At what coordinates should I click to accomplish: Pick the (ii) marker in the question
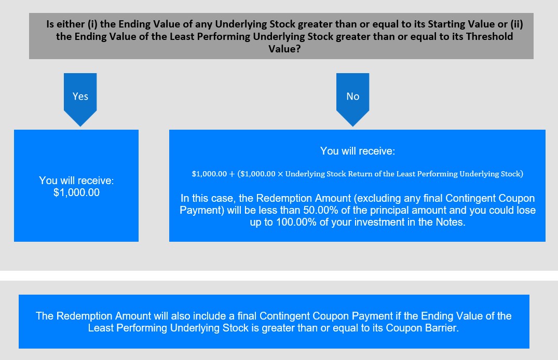516,24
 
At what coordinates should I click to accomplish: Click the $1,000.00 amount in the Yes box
76,192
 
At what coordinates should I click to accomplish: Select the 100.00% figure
296,222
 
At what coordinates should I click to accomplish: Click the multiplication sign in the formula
280,174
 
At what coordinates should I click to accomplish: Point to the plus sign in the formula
232,174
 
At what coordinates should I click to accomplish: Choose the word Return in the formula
360,174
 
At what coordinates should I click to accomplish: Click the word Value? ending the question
284,48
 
